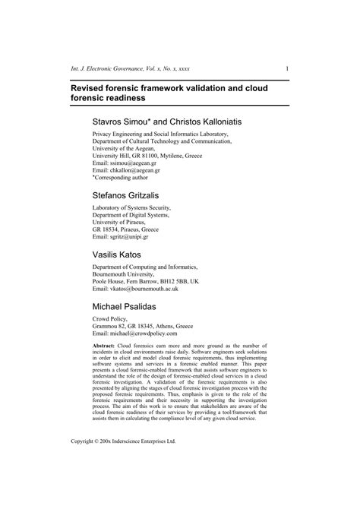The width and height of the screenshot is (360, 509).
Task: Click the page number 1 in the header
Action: [x=286, y=68]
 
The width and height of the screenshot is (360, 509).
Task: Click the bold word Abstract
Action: [x=105, y=346]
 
